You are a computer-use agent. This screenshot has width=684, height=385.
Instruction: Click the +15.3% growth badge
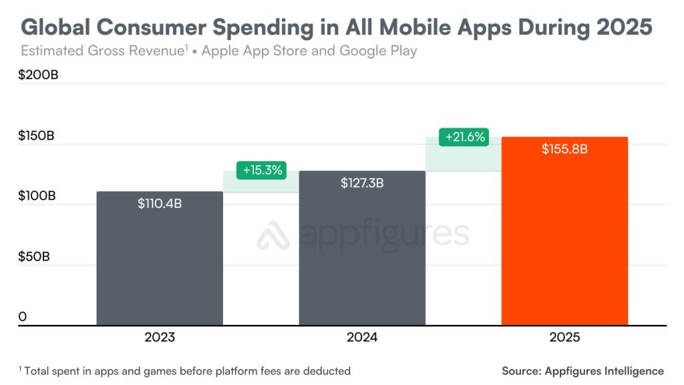pyautogui.click(x=263, y=170)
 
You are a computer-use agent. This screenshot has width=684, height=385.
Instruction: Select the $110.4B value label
pyautogui.click(x=160, y=204)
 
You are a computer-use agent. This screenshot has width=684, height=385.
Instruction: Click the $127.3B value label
pyautogui.click(x=362, y=182)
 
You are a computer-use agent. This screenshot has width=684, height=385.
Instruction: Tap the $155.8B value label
pyautogui.click(x=564, y=149)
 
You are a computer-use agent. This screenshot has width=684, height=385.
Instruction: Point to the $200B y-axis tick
pyautogui.click(x=38, y=75)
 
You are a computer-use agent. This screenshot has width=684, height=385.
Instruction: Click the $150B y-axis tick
pyautogui.click(x=37, y=136)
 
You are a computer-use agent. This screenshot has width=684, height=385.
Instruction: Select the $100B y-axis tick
pyautogui.click(x=37, y=197)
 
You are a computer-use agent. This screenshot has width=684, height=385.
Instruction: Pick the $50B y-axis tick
pyautogui.click(x=34, y=257)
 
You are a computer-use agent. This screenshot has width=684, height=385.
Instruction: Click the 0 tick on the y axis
pyautogui.click(x=23, y=316)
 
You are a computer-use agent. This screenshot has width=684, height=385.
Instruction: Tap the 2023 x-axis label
pyautogui.click(x=160, y=338)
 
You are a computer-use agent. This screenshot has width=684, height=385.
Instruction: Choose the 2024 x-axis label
pyautogui.click(x=362, y=338)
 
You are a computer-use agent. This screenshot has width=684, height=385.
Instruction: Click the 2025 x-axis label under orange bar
pyautogui.click(x=564, y=338)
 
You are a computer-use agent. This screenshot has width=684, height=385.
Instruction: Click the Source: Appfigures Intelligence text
pyautogui.click(x=582, y=370)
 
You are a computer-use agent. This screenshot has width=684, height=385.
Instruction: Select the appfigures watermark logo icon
pyautogui.click(x=273, y=235)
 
